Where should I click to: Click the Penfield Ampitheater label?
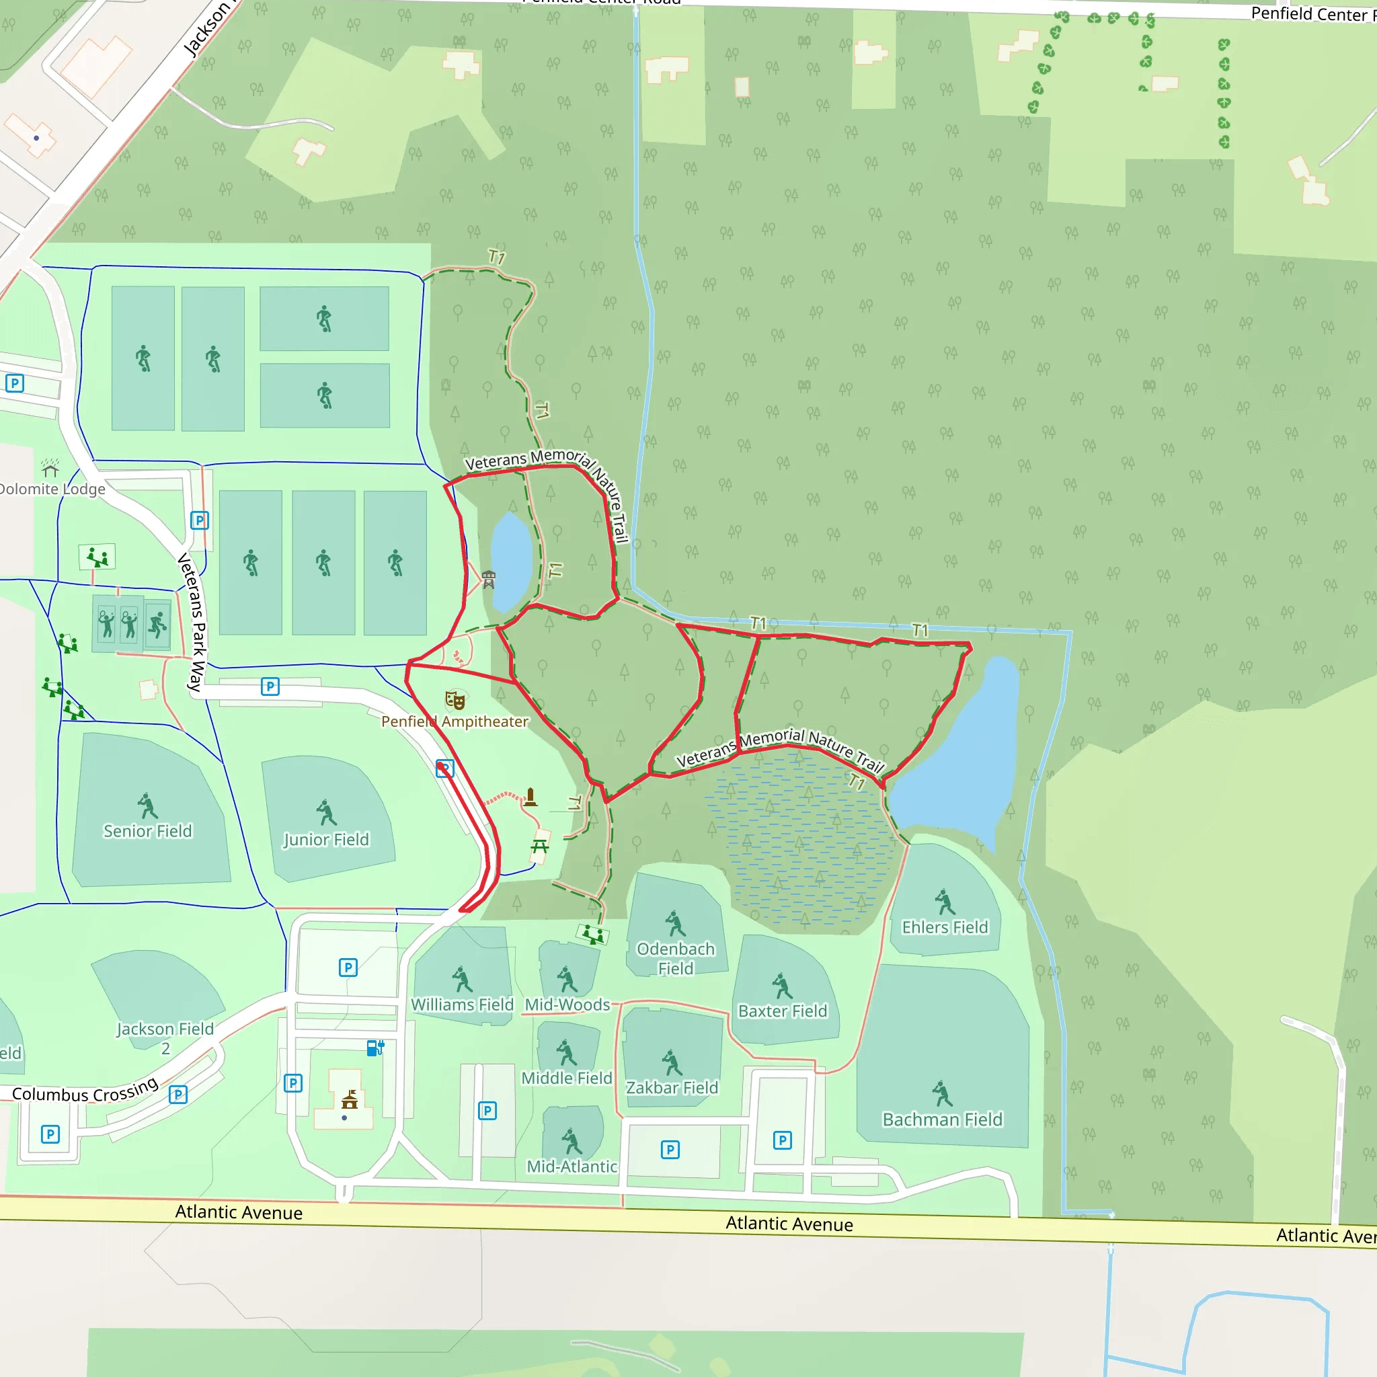click(x=455, y=721)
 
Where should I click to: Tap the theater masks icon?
click(x=455, y=700)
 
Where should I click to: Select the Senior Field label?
click(x=147, y=831)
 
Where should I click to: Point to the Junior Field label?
click(x=326, y=840)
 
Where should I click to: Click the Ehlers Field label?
click(x=945, y=927)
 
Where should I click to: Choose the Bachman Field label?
click(x=942, y=1119)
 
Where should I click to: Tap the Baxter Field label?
click(x=783, y=1011)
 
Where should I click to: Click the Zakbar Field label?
click(x=672, y=1088)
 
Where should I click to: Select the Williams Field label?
click(x=462, y=1005)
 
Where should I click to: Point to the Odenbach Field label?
click(x=676, y=959)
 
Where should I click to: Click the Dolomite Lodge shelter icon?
click(x=50, y=468)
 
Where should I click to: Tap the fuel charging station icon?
click(x=375, y=1048)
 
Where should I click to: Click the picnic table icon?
click(x=539, y=846)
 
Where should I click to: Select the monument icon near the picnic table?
click(x=530, y=797)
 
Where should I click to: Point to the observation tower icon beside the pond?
click(x=488, y=580)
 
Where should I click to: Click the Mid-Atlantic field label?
click(x=572, y=1167)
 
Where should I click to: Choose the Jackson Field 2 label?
click(x=165, y=1037)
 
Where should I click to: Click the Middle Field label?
click(x=567, y=1078)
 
